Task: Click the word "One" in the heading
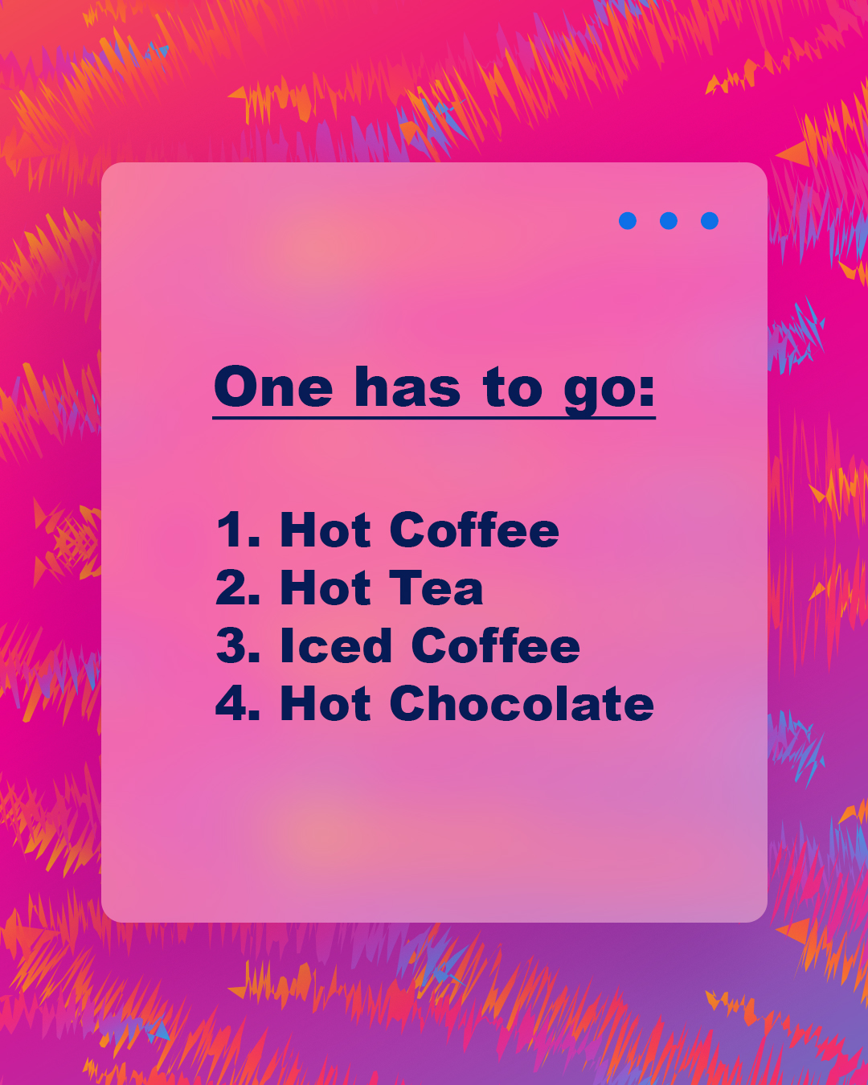click(274, 388)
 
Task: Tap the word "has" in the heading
click(407, 388)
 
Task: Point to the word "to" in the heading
click(512, 388)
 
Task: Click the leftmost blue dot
click(628, 221)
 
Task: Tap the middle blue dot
click(669, 221)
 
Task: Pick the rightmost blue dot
click(710, 221)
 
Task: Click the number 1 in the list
click(231, 530)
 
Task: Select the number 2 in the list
click(231, 588)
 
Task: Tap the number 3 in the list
click(231, 646)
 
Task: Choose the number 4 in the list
click(231, 704)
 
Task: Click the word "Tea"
click(436, 588)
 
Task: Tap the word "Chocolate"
click(522, 704)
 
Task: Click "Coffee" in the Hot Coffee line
click(474, 530)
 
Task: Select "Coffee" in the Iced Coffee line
click(495, 646)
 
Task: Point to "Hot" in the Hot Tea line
click(325, 588)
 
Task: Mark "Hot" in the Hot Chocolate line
click(325, 704)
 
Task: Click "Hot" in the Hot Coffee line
click(325, 530)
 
